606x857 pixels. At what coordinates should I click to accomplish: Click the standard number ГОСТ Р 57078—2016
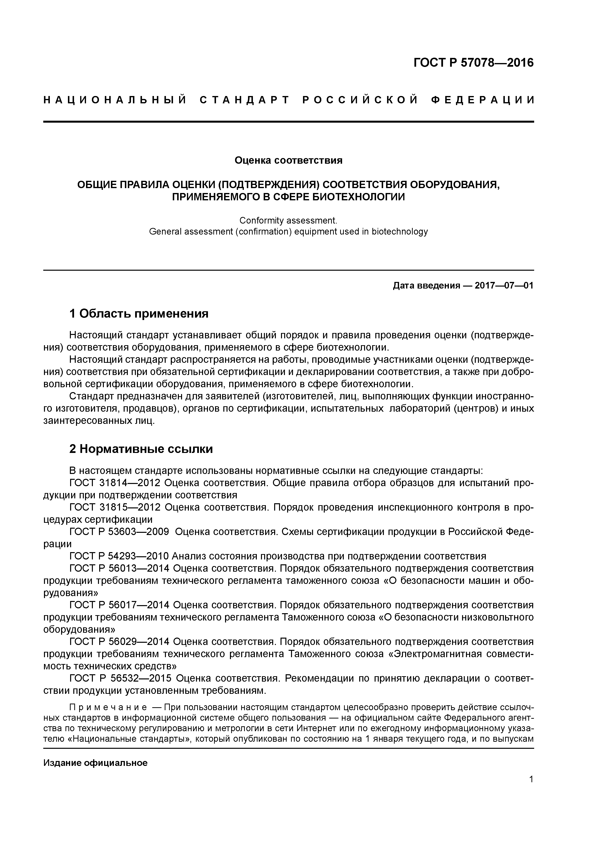474,63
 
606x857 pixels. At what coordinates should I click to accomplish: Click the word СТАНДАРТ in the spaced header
245,100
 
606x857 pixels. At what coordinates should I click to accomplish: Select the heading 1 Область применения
139,313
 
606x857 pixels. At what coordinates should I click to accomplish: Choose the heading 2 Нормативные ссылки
141,449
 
